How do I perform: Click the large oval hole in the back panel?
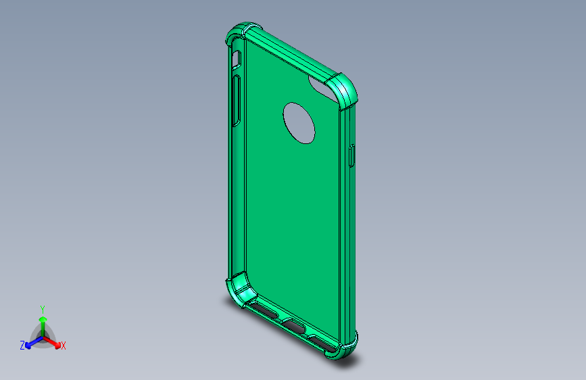pyautogui.click(x=299, y=122)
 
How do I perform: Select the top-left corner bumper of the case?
pyautogui.click(x=238, y=34)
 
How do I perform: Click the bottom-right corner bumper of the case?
pyautogui.click(x=346, y=346)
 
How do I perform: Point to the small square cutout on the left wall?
pyautogui.click(x=236, y=61)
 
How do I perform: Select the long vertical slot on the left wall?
pyautogui.click(x=236, y=101)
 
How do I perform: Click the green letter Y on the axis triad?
pyautogui.click(x=42, y=308)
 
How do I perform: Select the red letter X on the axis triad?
pyautogui.click(x=64, y=346)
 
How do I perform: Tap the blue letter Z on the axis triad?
pyautogui.click(x=22, y=346)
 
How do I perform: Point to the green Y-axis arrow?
pyautogui.click(x=43, y=322)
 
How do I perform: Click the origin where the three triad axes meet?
pyautogui.click(x=43, y=336)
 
